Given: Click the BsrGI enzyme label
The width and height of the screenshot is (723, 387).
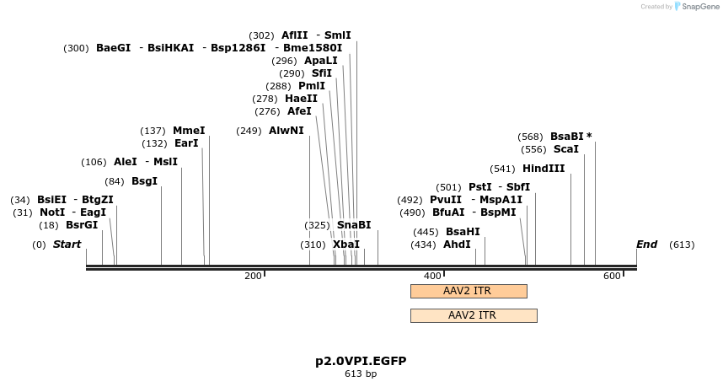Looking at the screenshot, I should tap(82, 225).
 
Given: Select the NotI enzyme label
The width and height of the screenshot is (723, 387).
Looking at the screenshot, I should tap(52, 212).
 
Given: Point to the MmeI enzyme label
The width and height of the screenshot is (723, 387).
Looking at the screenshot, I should tap(189, 131).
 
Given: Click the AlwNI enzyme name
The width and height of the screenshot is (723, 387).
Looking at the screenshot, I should tap(287, 131).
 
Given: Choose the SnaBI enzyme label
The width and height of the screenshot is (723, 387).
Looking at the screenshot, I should tap(354, 225).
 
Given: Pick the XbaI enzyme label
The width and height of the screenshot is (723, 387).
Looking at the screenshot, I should tap(346, 245).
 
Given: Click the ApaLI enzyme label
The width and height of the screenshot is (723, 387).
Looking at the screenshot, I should tap(321, 61).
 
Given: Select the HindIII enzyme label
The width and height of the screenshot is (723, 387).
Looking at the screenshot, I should tap(544, 169).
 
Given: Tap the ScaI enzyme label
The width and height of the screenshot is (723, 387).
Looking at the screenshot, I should tap(566, 149).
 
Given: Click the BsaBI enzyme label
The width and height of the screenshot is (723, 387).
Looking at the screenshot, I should tap(566, 137).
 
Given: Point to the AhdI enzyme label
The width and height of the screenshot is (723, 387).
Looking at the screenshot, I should tap(457, 245).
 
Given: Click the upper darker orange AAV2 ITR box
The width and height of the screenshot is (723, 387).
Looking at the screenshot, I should tap(468, 291).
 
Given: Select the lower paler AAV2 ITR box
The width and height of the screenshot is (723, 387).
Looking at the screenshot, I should tap(473, 315).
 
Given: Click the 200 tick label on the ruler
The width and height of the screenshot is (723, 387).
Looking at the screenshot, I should tap(253, 276).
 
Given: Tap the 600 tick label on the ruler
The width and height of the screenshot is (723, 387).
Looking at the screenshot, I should tap(611, 276).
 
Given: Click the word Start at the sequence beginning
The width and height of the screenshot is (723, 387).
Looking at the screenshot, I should tap(67, 245).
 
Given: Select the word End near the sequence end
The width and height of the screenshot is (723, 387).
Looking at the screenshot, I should tap(646, 245).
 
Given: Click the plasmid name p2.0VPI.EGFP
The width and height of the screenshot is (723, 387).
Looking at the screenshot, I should tap(361, 361).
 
